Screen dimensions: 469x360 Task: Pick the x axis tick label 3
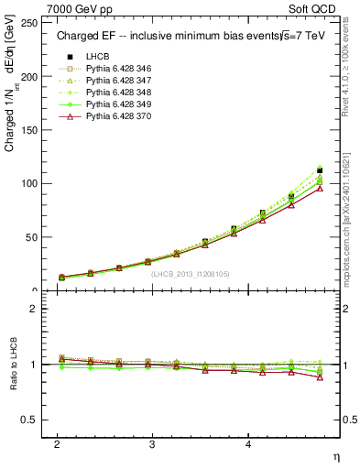pos(152,444)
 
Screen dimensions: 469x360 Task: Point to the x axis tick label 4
pos(247,444)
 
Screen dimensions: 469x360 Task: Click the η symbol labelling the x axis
pos(334,456)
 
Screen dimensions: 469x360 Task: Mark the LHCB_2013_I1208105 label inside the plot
pos(191,274)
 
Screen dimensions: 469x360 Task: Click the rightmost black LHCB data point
pos(320,170)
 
